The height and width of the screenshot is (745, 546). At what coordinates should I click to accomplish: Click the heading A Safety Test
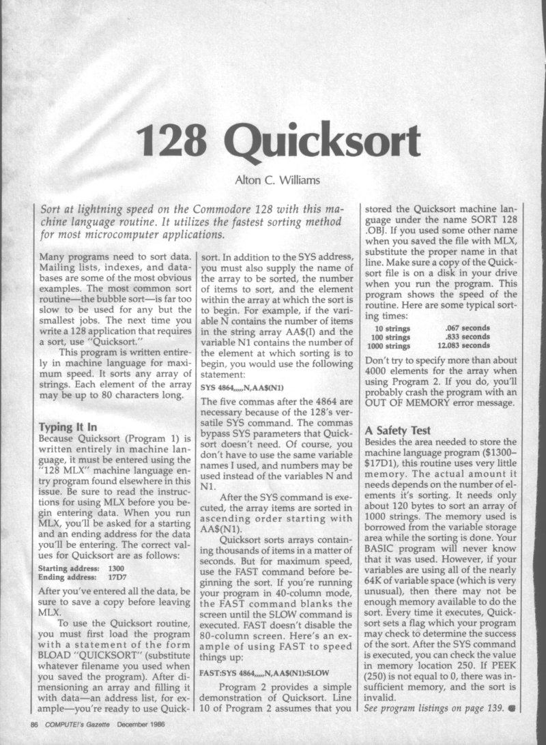[398, 430]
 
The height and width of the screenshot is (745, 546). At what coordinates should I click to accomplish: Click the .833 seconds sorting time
[467, 337]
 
